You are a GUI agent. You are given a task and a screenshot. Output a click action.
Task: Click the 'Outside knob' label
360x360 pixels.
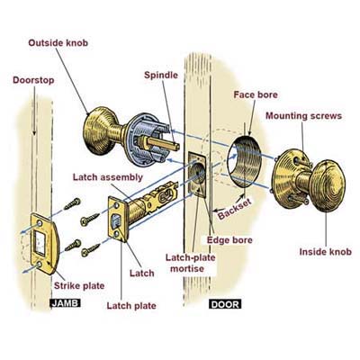tap(58, 43)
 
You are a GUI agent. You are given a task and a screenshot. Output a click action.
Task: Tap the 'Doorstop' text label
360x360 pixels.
tap(33, 80)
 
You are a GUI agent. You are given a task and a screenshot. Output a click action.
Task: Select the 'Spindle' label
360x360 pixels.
tap(161, 75)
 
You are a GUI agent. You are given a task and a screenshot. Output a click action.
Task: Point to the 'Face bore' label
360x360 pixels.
tap(256, 94)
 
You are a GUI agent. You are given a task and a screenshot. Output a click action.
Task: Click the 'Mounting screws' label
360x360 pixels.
tap(303, 116)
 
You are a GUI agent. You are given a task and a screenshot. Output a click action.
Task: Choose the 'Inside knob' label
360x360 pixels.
tap(326, 251)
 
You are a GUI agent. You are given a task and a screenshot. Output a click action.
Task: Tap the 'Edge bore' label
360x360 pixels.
tap(229, 240)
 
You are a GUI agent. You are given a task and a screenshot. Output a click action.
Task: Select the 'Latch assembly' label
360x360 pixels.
tap(108, 177)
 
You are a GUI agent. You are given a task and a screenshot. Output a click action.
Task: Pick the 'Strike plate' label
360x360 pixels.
tap(79, 285)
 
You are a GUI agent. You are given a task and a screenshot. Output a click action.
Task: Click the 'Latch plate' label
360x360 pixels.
tap(131, 306)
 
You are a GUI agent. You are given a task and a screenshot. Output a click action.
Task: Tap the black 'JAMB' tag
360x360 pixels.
tap(65, 303)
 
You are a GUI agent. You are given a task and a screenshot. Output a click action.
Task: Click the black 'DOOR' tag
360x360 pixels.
tap(225, 304)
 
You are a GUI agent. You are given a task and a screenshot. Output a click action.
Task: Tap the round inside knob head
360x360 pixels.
tap(328, 186)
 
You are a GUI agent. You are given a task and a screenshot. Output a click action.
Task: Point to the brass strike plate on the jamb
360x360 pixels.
tap(45, 243)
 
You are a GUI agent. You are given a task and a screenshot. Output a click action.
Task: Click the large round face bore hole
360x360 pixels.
tap(244, 161)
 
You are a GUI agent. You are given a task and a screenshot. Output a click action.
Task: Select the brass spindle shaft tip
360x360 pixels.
tap(175, 147)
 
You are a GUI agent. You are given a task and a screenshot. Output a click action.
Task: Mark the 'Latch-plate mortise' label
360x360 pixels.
tap(191, 263)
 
